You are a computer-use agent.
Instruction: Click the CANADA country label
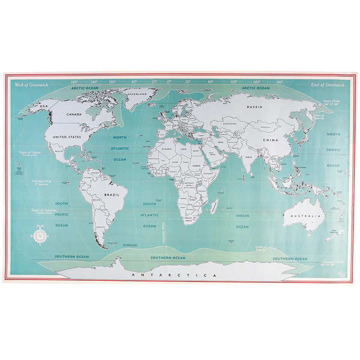point(74,113)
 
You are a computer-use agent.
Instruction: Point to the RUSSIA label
point(255,107)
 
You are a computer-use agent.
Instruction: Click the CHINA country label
point(269,139)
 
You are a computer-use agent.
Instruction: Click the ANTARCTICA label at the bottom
point(172,274)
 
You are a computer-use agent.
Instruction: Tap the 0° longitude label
point(169,82)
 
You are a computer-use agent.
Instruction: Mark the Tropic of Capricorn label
point(38,211)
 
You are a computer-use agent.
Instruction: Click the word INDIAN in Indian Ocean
point(242,215)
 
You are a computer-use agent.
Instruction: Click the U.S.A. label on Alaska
point(43,106)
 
